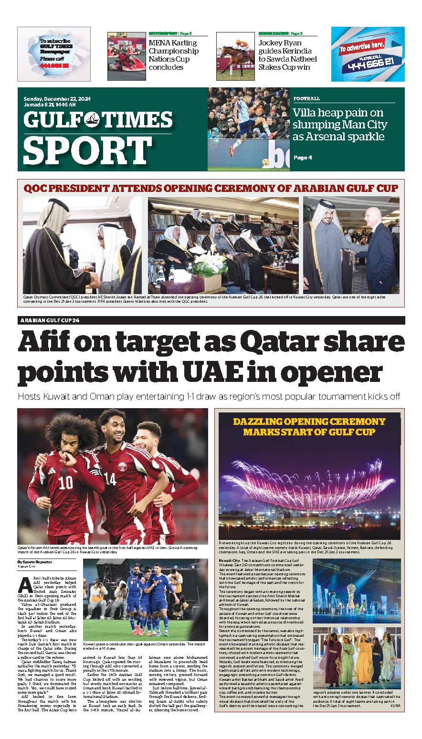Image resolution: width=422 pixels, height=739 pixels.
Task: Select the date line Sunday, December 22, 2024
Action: pos(57,99)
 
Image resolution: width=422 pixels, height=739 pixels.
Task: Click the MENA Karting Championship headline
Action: pos(172,55)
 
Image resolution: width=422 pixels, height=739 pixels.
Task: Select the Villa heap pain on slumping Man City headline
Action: pos(340,125)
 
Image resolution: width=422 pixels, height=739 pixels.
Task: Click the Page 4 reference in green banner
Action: pos(302,158)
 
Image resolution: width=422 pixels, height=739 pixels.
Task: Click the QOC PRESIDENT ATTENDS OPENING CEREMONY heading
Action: pos(211,189)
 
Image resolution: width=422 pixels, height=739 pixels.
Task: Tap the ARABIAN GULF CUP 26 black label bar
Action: pos(50,320)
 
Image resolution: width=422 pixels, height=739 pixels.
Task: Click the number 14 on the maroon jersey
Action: pos(110,479)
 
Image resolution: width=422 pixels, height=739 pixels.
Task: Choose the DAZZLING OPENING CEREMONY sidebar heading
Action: pos(309,427)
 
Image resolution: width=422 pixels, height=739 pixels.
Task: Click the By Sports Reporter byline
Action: pos(35,562)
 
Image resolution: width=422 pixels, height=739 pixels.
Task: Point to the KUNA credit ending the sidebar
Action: pos(395,705)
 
